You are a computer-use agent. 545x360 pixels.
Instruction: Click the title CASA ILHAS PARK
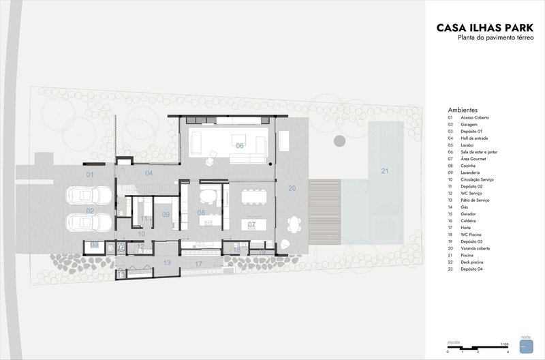click(486, 29)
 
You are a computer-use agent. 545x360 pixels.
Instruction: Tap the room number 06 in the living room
click(240, 146)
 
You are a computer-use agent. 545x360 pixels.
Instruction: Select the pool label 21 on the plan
click(384, 171)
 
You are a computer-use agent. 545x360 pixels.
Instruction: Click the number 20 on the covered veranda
click(292, 188)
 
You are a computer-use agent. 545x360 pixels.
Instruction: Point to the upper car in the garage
click(89, 197)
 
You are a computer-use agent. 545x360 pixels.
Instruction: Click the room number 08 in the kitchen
click(202, 213)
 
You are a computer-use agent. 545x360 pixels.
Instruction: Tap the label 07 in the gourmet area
click(251, 224)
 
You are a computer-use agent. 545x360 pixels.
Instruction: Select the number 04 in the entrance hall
click(149, 173)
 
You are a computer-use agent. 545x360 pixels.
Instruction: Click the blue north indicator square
click(525, 346)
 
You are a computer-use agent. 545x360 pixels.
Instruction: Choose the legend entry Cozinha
click(469, 166)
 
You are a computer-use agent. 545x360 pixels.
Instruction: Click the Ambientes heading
click(463, 110)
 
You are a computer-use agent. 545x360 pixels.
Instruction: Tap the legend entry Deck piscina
click(471, 263)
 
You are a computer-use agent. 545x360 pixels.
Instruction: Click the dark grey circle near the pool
click(339, 141)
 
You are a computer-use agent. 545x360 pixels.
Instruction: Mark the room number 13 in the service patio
click(167, 262)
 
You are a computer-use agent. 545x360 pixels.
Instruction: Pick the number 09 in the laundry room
click(166, 215)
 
